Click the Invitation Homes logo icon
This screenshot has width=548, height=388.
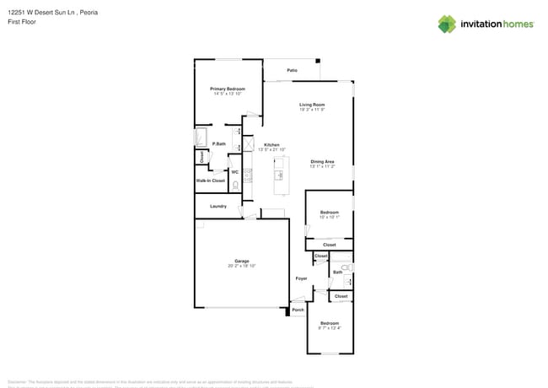[x=447, y=24]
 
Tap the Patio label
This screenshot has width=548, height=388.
[x=293, y=70]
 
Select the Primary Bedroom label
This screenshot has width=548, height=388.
[x=228, y=89]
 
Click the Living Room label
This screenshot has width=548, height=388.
[x=312, y=105]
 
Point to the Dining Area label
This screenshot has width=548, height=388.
[x=323, y=161]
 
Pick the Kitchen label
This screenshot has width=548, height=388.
[x=271, y=144]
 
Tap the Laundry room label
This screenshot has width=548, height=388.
[x=218, y=206]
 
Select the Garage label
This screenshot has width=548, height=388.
[x=241, y=261]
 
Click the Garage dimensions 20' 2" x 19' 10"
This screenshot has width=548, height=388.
[x=241, y=266]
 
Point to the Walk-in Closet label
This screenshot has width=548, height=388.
[x=211, y=181]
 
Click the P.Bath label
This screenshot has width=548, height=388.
[x=218, y=144]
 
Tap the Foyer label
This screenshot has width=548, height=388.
[x=301, y=278]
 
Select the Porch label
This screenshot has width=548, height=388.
[x=298, y=310]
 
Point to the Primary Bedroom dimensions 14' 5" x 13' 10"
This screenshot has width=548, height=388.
[x=228, y=94]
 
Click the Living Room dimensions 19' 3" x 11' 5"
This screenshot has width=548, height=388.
[x=312, y=110]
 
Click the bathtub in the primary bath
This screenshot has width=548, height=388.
[x=201, y=137]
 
